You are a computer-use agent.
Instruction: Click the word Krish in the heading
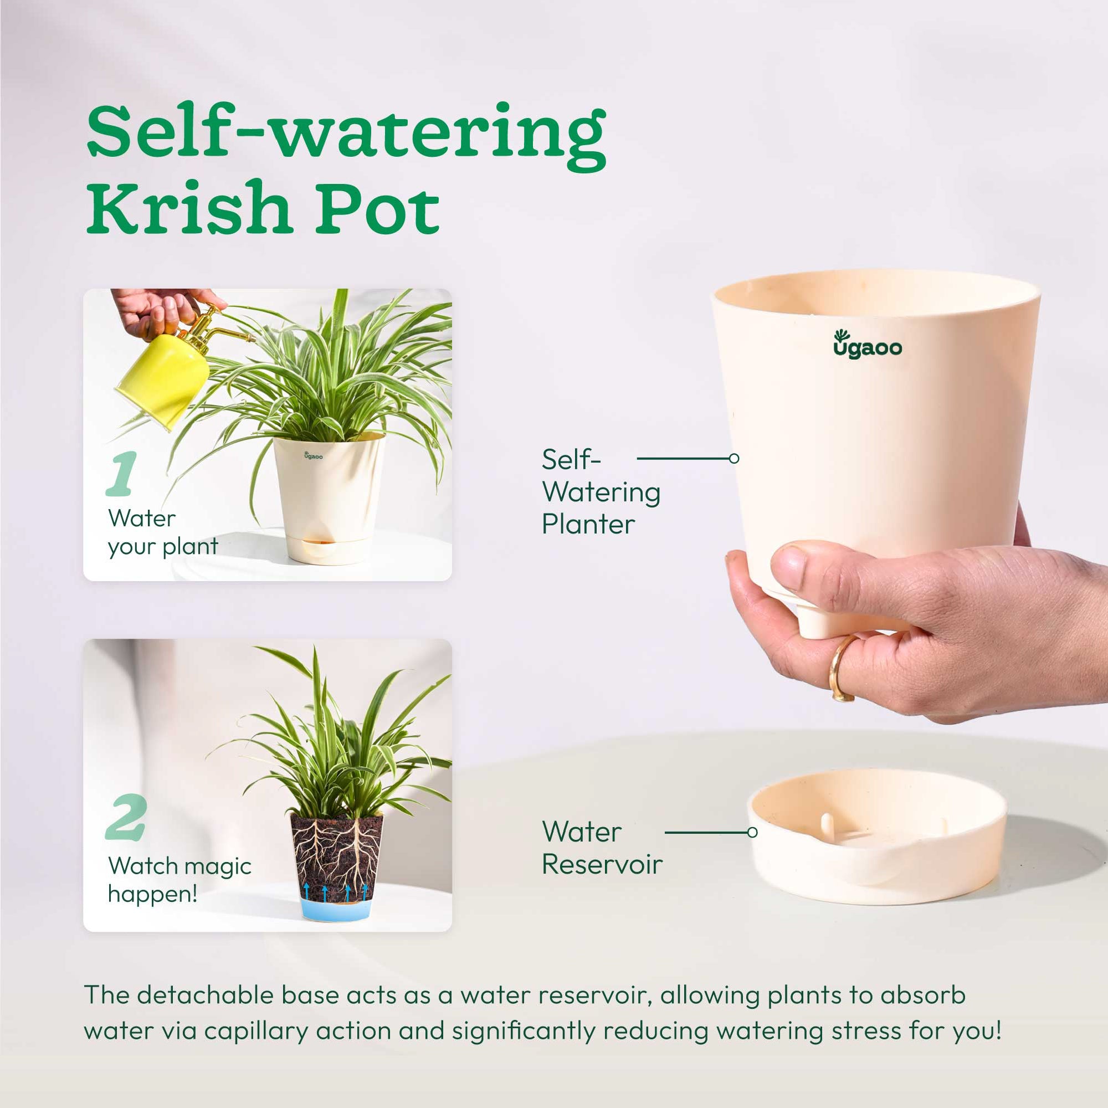[189, 207]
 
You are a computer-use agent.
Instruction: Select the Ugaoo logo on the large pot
[866, 345]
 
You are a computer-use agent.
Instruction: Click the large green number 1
[122, 474]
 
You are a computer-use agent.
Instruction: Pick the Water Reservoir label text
[601, 848]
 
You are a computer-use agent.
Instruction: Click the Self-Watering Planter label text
[601, 491]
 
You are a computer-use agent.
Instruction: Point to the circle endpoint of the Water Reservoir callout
[753, 832]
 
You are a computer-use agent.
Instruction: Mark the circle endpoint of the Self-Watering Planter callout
[734, 458]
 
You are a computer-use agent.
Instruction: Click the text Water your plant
[163, 532]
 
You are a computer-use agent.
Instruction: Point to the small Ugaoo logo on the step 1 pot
[313, 455]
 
